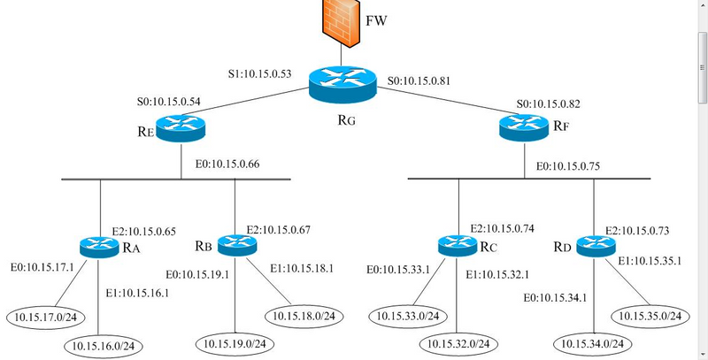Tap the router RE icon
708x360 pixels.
[181, 128]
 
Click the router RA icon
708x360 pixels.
[99, 247]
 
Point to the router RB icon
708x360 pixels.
[235, 242]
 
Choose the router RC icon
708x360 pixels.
[458, 244]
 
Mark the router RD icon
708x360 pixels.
[594, 244]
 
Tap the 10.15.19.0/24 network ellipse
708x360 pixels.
[235, 342]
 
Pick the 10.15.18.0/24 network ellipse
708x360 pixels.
[303, 315]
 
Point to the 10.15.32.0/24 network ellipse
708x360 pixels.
[459, 342]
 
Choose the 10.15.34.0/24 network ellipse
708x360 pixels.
[593, 342]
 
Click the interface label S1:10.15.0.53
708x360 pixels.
[264, 73]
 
